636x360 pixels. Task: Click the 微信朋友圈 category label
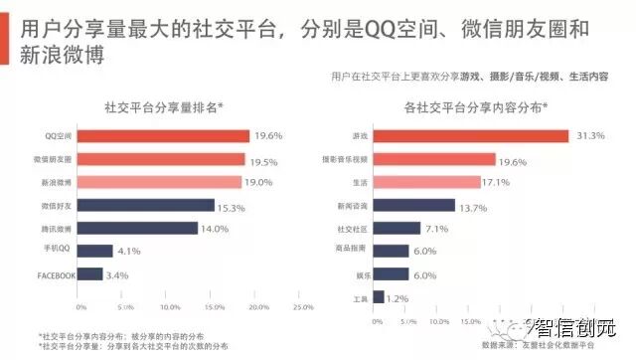click(52, 159)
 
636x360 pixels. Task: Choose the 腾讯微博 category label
click(56, 228)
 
